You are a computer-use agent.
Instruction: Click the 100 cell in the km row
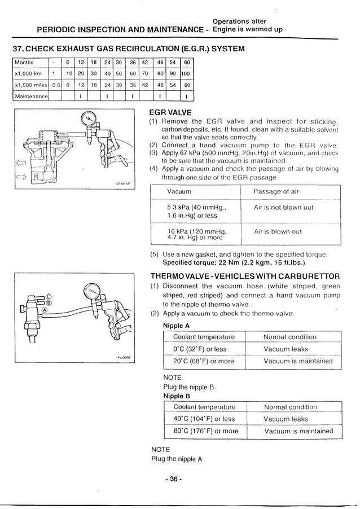[x=186, y=73]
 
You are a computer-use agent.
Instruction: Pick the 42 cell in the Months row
[x=145, y=62]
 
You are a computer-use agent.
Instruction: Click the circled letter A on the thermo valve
[x=45, y=309]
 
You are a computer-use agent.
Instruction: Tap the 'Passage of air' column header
[x=276, y=192]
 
